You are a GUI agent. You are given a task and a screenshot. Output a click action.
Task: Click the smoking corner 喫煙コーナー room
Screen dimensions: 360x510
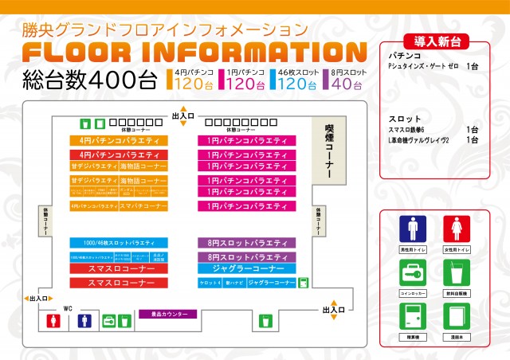[x=328, y=151]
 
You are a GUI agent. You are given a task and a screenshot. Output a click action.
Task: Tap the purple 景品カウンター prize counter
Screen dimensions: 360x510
[x=163, y=314]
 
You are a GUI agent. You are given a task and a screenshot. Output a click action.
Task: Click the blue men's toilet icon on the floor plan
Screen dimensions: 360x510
[x=84, y=321]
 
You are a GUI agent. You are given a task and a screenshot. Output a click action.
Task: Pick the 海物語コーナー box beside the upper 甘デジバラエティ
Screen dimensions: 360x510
[x=144, y=167]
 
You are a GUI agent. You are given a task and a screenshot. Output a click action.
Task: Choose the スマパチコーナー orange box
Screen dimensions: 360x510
[x=144, y=206]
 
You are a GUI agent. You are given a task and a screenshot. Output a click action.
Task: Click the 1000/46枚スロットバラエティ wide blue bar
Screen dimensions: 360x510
[x=119, y=242]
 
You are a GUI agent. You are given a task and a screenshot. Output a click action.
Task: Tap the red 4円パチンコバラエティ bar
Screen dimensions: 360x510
[x=119, y=155]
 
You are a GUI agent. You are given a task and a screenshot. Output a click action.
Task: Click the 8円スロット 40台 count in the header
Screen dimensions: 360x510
[x=348, y=82]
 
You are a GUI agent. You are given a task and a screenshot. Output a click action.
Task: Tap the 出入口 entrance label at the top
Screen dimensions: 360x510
[x=183, y=116]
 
